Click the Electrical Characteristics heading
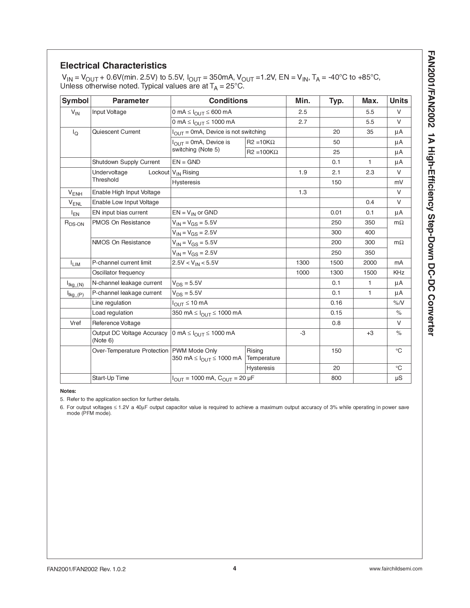pos(113,66)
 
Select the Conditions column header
pos(228,101)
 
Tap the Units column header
pos(398,101)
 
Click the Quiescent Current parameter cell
pos(116,132)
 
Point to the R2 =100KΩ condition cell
pos(262,152)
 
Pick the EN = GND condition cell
pos(186,162)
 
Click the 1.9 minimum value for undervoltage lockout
pos(303,172)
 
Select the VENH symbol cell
pos(75,193)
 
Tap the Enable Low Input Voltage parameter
pos(125,202)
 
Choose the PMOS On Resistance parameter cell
pos(121,223)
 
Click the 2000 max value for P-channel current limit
pos(370,263)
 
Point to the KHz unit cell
pos(398,273)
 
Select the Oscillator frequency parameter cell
pos(118,273)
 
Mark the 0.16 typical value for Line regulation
pos(336,303)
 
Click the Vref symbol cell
pos(75,323)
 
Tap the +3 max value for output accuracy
pos(370,333)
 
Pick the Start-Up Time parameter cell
pos(111,378)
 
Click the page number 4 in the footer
pos(234,568)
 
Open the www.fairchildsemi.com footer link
pos(396,569)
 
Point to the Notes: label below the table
pos(68,391)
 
